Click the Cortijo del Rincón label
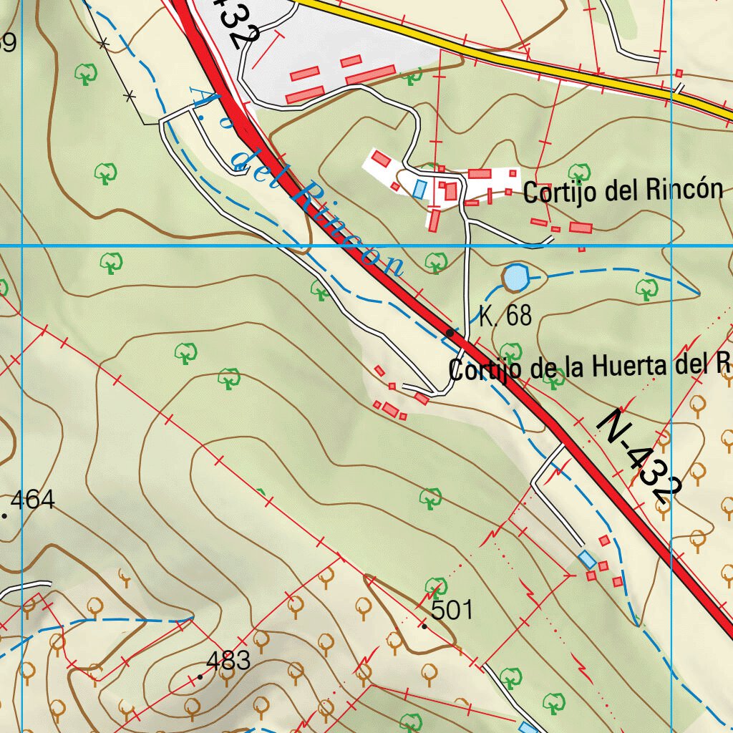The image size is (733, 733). coord(623,191)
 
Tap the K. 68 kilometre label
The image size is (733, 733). coord(505,316)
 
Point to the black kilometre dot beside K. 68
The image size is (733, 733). coord(450,333)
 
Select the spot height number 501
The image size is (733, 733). coord(452,610)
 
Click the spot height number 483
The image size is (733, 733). coord(228,660)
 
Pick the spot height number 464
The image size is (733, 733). coord(33,500)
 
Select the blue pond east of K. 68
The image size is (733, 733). coord(515,278)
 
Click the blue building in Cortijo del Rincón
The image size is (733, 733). coord(419,188)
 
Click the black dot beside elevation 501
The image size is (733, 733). coord(424,626)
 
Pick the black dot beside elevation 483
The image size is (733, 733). coord(200,676)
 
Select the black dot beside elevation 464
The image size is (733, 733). coord(5,515)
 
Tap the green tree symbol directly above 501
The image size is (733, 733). coord(435,586)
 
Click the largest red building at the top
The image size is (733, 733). coord(371,73)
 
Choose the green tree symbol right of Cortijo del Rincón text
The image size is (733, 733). coord(578,172)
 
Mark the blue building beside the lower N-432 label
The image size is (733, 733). coord(587,559)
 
